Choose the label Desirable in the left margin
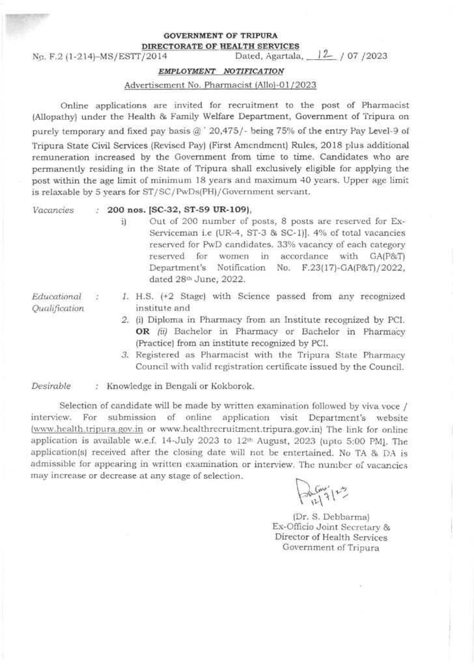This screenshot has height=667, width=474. point(51,386)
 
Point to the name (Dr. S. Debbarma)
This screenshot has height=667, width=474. point(331,517)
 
